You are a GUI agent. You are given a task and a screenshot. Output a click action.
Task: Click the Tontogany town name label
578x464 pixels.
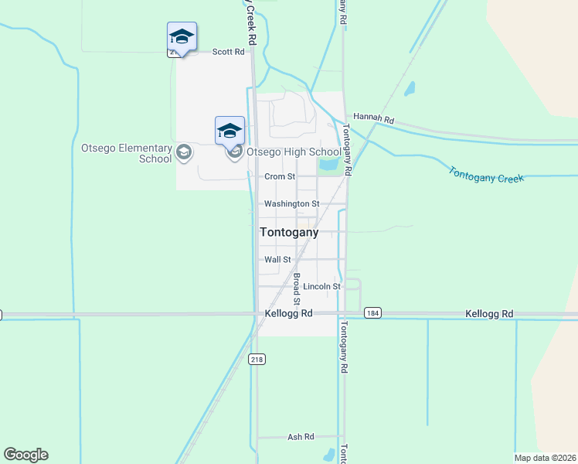pyautogui.click(x=289, y=232)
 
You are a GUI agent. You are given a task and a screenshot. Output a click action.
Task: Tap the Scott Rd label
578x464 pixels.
pyautogui.click(x=228, y=52)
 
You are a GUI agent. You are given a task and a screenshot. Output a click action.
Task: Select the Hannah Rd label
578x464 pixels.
pyautogui.click(x=374, y=119)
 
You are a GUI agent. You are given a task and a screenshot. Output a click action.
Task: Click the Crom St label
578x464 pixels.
pyautogui.click(x=280, y=177)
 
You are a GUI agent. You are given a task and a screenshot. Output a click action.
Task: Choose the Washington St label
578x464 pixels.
pyautogui.click(x=291, y=204)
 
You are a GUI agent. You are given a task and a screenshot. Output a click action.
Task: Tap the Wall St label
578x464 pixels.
pyautogui.click(x=277, y=261)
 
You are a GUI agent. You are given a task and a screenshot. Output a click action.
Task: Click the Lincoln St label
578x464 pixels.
pyautogui.click(x=321, y=287)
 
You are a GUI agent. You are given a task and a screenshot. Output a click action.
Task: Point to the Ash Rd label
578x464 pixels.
pyautogui.click(x=301, y=437)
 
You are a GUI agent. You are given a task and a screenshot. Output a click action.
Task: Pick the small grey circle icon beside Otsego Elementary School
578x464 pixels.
pyautogui.click(x=184, y=153)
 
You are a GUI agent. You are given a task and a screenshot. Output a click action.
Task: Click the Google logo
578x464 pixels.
pyautogui.click(x=25, y=455)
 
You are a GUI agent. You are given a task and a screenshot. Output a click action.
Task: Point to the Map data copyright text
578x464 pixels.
pyautogui.click(x=545, y=458)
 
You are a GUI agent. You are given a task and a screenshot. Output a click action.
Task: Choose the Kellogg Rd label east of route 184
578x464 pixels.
pyautogui.click(x=490, y=314)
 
